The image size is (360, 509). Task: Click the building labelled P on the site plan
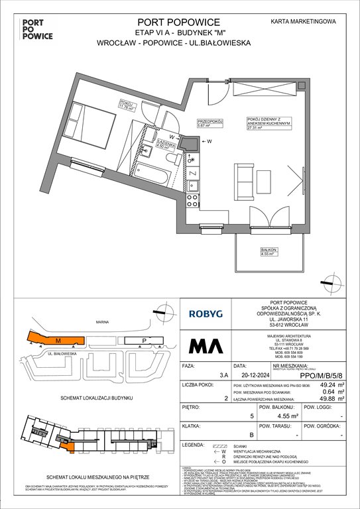143,341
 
